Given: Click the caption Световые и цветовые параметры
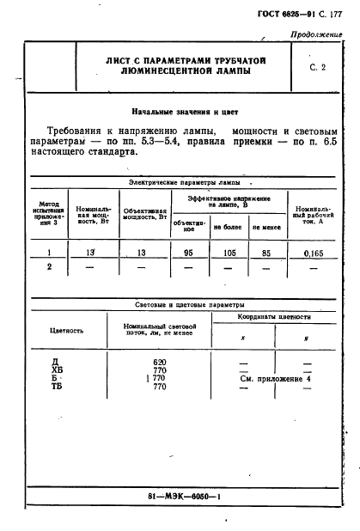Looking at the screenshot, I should pyautogui.click(x=190, y=305).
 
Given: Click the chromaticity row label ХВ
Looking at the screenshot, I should pyautogui.click(x=58, y=371).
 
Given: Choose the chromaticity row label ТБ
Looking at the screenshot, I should pyautogui.click(x=58, y=388).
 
